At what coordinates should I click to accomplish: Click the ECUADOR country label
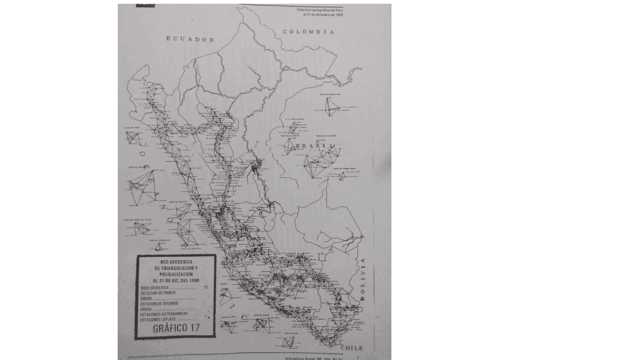[190, 39]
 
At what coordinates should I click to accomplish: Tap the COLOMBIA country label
[308, 32]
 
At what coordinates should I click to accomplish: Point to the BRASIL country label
[315, 146]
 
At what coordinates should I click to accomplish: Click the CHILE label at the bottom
[352, 347]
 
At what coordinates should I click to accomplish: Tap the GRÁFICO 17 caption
[176, 328]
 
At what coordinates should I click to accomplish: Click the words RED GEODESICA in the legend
[175, 262]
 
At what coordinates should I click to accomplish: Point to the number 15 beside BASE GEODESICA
[205, 288]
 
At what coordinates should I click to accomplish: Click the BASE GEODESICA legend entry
[154, 288]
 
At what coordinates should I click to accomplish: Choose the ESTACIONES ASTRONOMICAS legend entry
[164, 314]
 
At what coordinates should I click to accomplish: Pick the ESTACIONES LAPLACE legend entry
[157, 319]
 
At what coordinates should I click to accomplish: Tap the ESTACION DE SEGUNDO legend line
[159, 303]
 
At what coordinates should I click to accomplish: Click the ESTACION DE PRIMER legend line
[158, 293]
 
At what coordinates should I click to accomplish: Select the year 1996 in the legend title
[191, 280]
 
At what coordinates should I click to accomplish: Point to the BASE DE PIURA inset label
[132, 128]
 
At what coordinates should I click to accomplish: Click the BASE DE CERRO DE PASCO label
[137, 220]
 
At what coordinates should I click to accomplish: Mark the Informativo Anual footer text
[303, 357]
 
